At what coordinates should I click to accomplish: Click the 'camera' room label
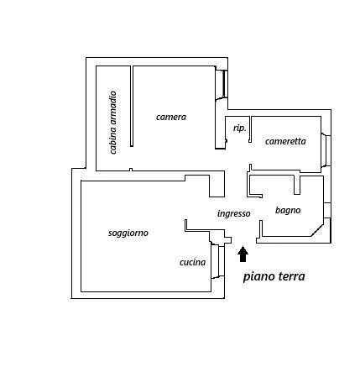[171, 117]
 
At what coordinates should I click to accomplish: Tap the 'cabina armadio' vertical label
[112, 123]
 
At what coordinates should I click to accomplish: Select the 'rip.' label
[240, 128]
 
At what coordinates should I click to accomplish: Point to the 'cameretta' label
[285, 141]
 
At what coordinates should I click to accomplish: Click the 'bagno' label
[288, 210]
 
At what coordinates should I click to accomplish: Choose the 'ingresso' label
[234, 213]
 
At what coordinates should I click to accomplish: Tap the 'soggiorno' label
[128, 233]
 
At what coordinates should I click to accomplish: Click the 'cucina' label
[193, 262]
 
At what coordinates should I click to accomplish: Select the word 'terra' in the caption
[292, 276]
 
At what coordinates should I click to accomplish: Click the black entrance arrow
[243, 254]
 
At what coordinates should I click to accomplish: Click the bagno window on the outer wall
[327, 210]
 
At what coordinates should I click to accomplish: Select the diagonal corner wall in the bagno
[318, 228]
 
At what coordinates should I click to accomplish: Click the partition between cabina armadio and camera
[132, 106]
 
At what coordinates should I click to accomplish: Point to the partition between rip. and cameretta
[250, 129]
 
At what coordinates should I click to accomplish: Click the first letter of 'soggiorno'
[110, 233]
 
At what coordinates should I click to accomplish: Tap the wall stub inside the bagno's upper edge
[297, 185]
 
